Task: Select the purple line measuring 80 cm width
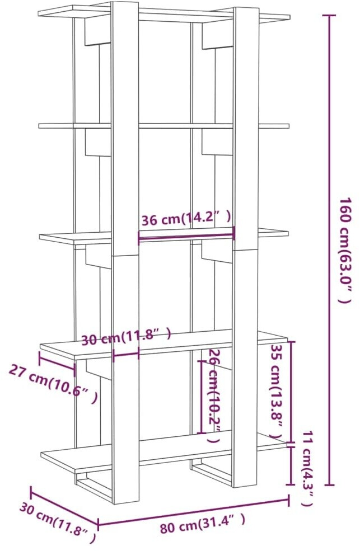click(193, 511)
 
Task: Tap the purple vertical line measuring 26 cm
click(200, 396)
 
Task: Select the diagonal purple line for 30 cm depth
click(64, 507)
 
